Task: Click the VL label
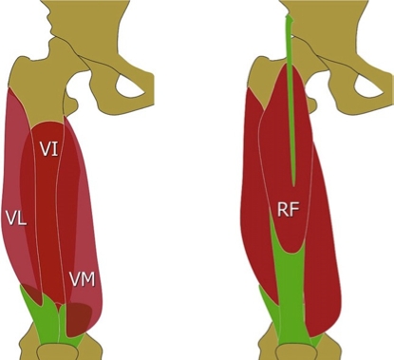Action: [x=15, y=218]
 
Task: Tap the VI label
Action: [x=50, y=149]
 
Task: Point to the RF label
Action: [x=289, y=208]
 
